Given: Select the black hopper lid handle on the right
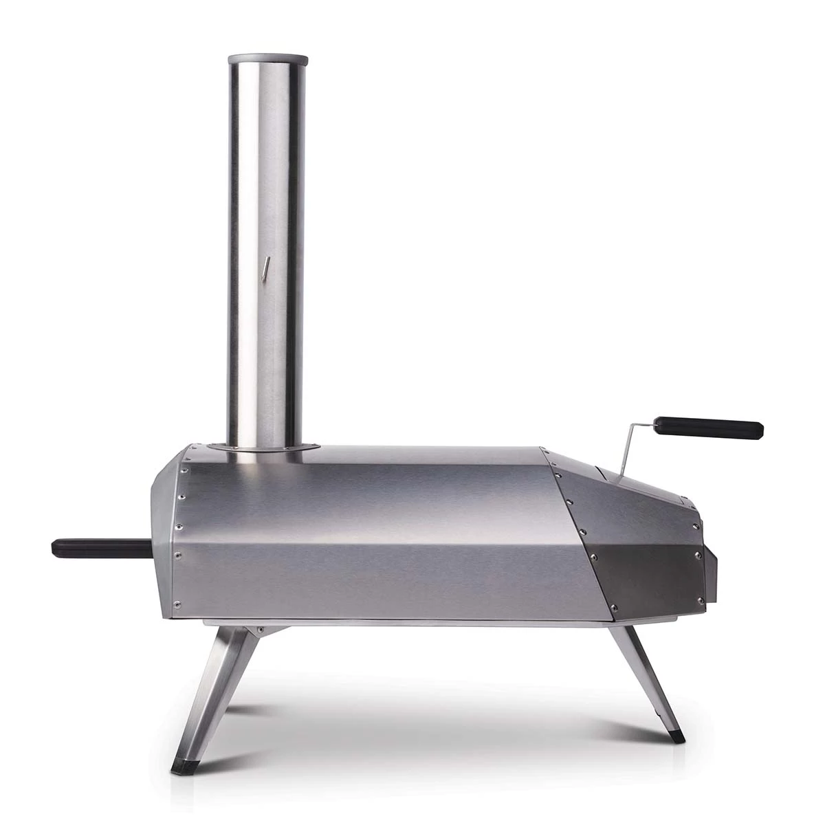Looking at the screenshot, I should click(708, 428).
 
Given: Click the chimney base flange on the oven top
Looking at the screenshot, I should click(265, 449).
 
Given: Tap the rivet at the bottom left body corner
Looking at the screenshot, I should click(177, 605).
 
